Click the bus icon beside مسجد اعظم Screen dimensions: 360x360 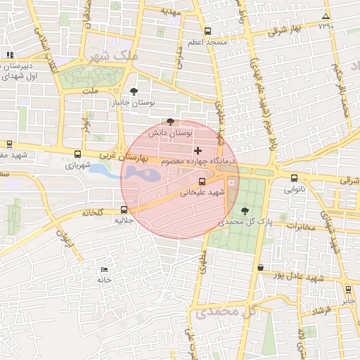207,31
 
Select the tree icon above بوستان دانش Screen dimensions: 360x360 170,122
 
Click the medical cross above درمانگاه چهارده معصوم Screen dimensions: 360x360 198,150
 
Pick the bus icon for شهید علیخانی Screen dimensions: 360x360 202,182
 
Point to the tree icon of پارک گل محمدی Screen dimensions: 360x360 245,211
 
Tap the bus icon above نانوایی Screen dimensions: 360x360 294,179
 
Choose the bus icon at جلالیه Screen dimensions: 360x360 124,209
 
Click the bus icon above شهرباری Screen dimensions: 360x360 77,155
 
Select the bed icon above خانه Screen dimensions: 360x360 105,270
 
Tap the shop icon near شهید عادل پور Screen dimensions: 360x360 261,267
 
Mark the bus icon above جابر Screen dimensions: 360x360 348,289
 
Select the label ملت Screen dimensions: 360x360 91,90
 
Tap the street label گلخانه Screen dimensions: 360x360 93,212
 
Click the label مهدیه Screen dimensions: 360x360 171,12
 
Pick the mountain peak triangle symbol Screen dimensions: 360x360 325,16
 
